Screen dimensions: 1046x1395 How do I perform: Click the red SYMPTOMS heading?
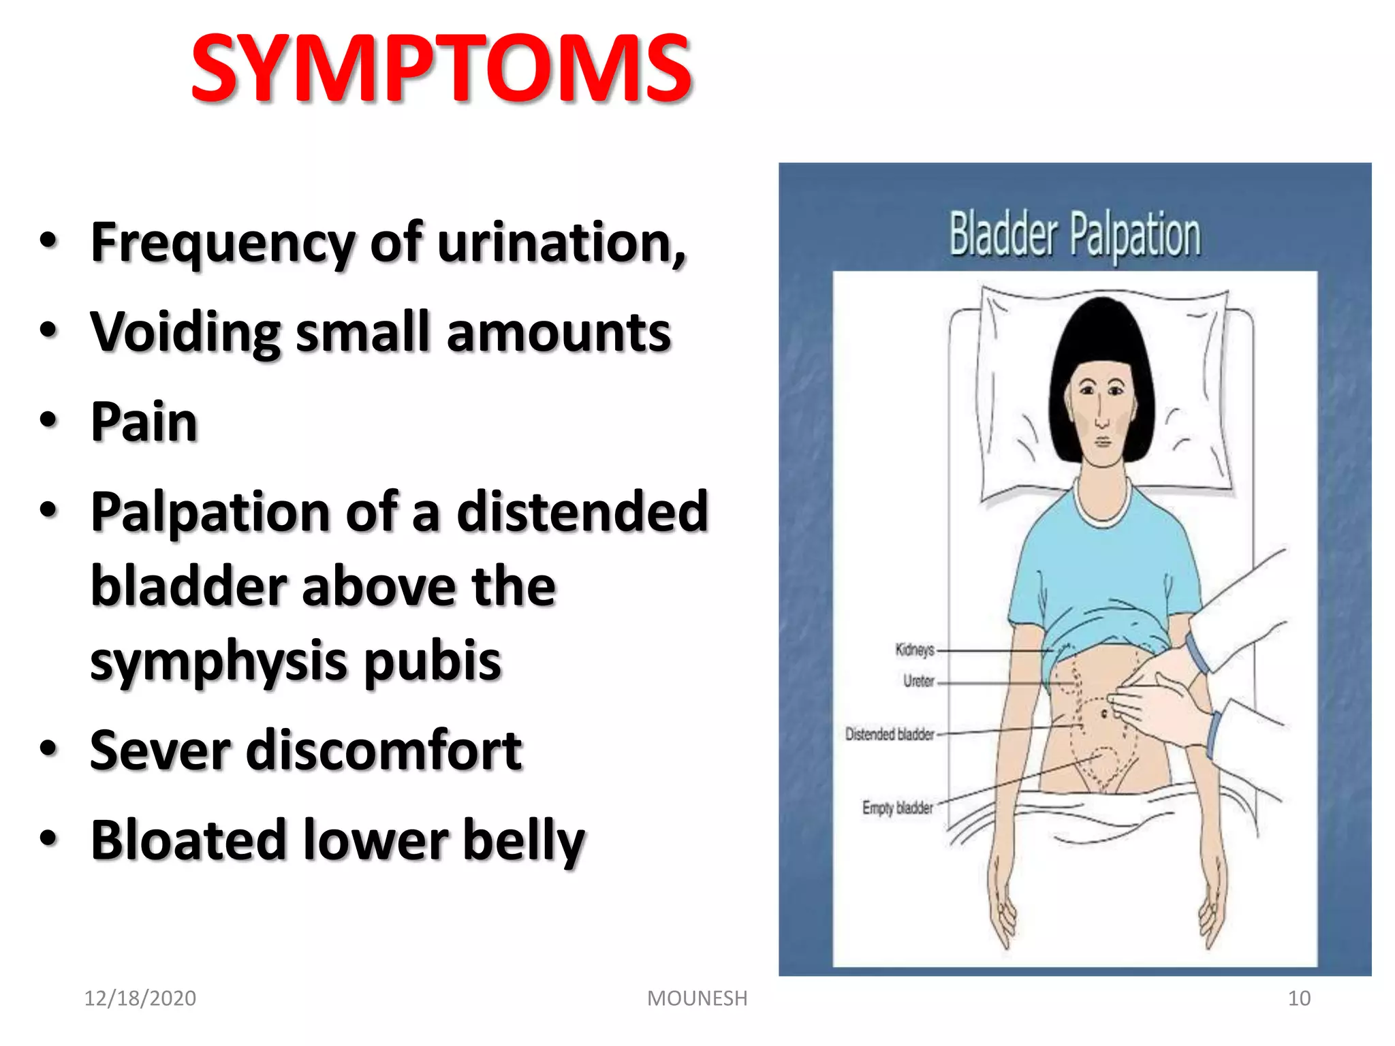coord(441,69)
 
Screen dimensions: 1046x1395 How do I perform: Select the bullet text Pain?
coord(144,422)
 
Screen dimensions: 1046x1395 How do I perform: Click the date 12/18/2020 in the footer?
coord(140,998)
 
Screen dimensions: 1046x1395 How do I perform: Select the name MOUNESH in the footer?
coord(697,998)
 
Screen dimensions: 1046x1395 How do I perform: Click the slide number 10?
coord(1299,998)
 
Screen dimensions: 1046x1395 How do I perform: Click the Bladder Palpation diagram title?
coord(1075,235)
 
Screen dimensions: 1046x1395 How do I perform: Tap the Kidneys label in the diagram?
coord(914,650)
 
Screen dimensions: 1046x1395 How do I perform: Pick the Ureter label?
coord(918,681)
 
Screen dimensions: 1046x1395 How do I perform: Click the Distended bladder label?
coord(890,734)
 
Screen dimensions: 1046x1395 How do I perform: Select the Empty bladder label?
coord(897,808)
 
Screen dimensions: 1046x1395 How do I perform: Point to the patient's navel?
coord(1104,714)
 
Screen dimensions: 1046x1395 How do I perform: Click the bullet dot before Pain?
coord(48,421)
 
